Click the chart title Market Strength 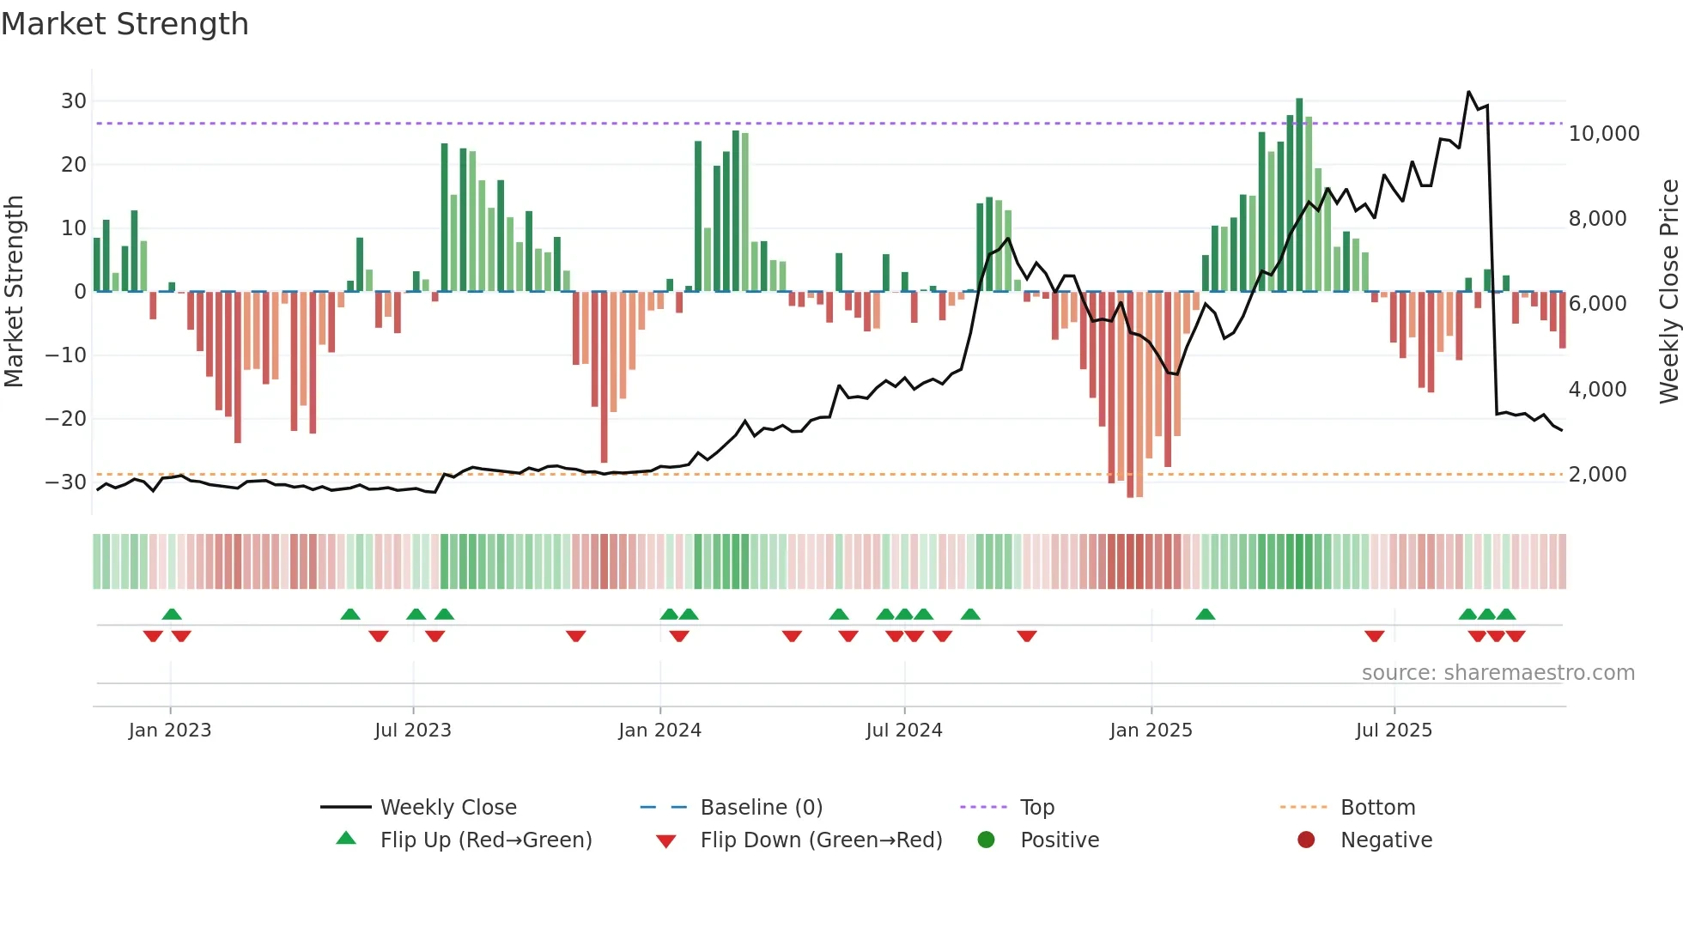point(125,24)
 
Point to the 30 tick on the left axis point(74,101)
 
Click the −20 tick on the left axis point(66,419)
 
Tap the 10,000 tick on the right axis point(1603,134)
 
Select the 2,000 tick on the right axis point(1597,475)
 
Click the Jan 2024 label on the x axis point(659,731)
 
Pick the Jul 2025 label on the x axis point(1394,731)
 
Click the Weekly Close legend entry point(448,808)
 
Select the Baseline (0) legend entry point(761,808)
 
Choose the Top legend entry point(1036,808)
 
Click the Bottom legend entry point(1377,808)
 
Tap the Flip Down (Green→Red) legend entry point(821,840)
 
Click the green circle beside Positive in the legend point(986,840)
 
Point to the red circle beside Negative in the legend point(1306,840)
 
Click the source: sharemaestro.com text point(1498,673)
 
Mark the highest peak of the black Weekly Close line point(1468,92)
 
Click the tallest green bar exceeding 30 point(1299,194)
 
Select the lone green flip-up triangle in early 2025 point(1205,615)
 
